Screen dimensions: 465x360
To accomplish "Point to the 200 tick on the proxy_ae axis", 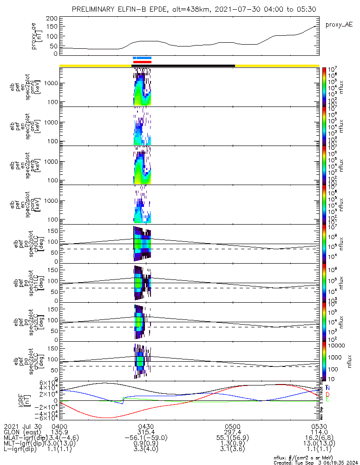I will (x=52, y=18).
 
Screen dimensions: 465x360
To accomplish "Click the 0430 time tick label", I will (x=146, y=426).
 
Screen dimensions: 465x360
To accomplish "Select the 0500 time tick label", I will (x=232, y=426).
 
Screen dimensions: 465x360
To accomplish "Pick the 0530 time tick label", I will (x=319, y=426).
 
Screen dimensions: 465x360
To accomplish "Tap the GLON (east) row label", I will (x=23, y=432).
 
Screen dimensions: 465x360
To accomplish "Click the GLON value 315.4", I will (x=146, y=432).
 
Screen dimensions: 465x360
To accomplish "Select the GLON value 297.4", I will (x=232, y=432).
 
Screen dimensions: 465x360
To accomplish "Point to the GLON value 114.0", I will (x=319, y=432).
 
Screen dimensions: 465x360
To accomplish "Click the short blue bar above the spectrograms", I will (x=142, y=58).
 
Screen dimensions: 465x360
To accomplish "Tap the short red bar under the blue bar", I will (x=142, y=62).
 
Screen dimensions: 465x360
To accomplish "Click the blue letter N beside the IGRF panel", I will (x=328, y=387).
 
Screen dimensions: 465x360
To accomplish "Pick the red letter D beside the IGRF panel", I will (x=328, y=394).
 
